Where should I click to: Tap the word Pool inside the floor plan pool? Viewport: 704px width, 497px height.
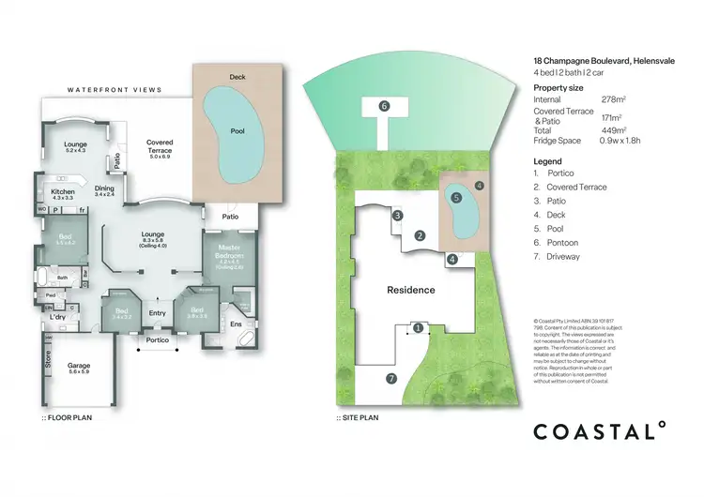pyautogui.click(x=237, y=132)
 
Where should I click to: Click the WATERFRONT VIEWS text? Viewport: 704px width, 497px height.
pyautogui.click(x=114, y=90)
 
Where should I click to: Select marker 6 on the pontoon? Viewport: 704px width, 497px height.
pyautogui.click(x=384, y=106)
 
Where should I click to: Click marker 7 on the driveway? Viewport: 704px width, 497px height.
pyautogui.click(x=390, y=378)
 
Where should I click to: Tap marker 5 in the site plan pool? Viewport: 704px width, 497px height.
pyautogui.click(x=456, y=198)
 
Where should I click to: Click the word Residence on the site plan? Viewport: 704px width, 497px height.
pyautogui.click(x=411, y=290)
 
